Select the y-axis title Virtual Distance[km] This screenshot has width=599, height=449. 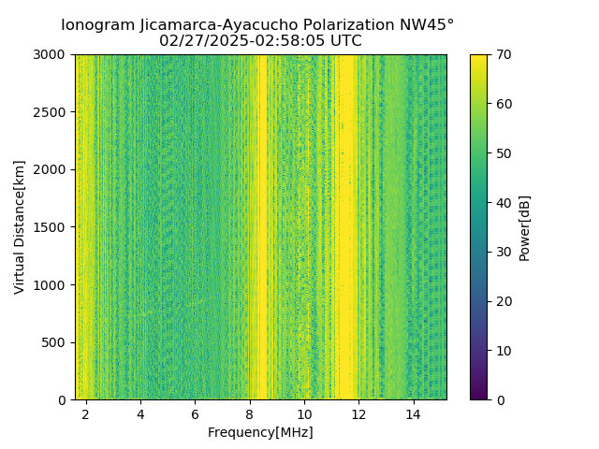pyautogui.click(x=20, y=226)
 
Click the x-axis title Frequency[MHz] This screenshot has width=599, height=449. pyautogui.click(x=260, y=432)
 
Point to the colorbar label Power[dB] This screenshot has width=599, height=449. pyautogui.click(x=525, y=226)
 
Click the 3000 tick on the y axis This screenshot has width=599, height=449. pyautogui.click(x=51, y=54)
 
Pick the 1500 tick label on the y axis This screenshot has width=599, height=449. pyautogui.click(x=51, y=227)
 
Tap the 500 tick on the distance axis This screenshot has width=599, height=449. pyautogui.click(x=55, y=342)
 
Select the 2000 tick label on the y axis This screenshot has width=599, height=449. pyautogui.click(x=51, y=169)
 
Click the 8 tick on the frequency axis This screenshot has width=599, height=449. pyautogui.click(x=249, y=413)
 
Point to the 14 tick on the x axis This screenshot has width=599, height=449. pyautogui.click(x=413, y=413)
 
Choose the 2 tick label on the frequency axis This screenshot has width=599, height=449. pyautogui.click(x=85, y=413)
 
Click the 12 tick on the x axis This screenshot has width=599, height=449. pyautogui.click(x=358, y=413)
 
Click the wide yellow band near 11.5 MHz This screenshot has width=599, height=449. pyautogui.click(x=347, y=224)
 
